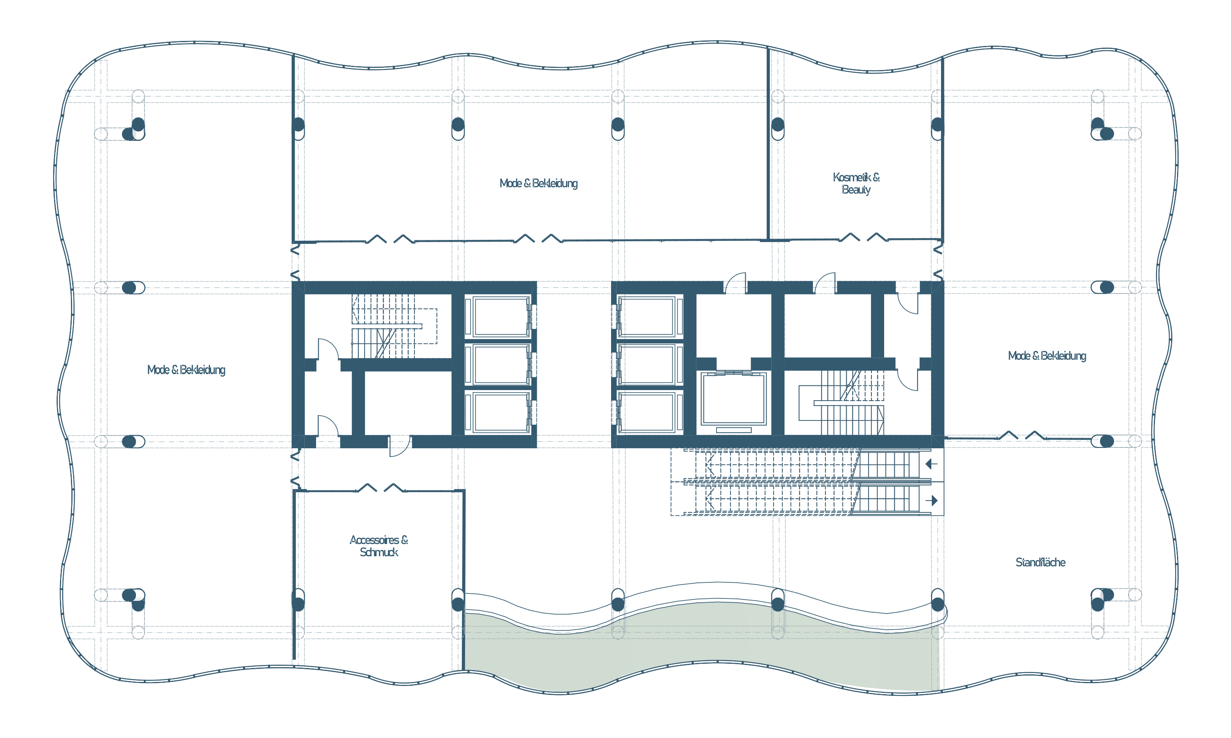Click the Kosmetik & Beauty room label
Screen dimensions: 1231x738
pyautogui.click(x=856, y=183)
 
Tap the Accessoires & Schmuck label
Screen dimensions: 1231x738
pyautogui.click(x=379, y=546)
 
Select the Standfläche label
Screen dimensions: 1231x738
pyautogui.click(x=1040, y=563)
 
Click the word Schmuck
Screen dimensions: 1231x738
pyautogui.click(x=379, y=552)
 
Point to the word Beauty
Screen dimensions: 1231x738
pyautogui.click(x=856, y=189)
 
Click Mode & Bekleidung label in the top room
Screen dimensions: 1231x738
pyautogui.click(x=538, y=183)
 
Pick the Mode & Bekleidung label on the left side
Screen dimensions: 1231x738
pyautogui.click(x=186, y=370)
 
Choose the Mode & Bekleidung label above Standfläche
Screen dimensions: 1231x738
pyautogui.click(x=1047, y=356)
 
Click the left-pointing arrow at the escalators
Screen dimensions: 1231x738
pyautogui.click(x=931, y=464)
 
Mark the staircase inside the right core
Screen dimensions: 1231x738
pyautogui.click(x=841, y=403)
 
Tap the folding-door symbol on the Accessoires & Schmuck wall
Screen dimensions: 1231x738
pyautogui.click(x=381, y=488)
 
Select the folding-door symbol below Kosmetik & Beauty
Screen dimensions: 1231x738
pyautogui.click(x=863, y=237)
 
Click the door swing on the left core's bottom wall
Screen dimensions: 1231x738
pyautogui.click(x=400, y=446)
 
